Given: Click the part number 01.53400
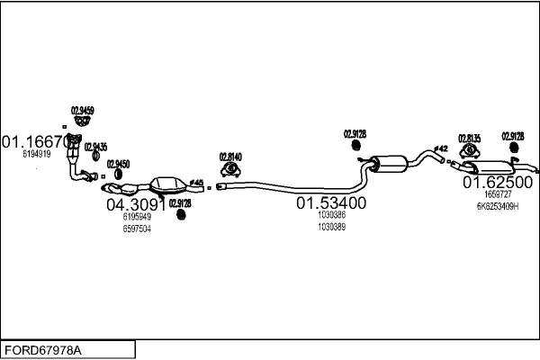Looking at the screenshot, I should point(331,203).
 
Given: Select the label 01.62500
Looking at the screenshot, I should point(497,182).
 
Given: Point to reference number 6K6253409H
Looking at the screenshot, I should point(497,206).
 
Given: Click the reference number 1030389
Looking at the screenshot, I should point(331,227).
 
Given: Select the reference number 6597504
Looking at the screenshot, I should point(136,229).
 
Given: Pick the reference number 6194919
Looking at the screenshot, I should point(36,154).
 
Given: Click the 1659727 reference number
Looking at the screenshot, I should point(497,193).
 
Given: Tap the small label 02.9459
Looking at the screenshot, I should point(83,110).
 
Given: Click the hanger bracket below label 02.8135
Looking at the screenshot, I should point(470,150).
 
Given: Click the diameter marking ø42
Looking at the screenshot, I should point(440,148).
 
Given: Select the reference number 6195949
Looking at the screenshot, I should point(136,217).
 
